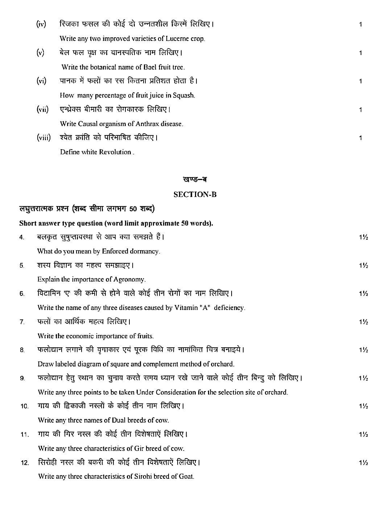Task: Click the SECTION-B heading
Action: coord(195,194)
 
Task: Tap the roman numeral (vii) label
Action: coord(42,109)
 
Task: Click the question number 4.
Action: coord(22,237)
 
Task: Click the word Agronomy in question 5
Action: coord(129,280)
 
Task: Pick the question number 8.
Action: coord(22,350)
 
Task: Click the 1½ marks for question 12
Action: coord(364,463)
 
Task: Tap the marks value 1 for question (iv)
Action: coord(360,25)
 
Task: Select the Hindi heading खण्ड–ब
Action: coord(195,180)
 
